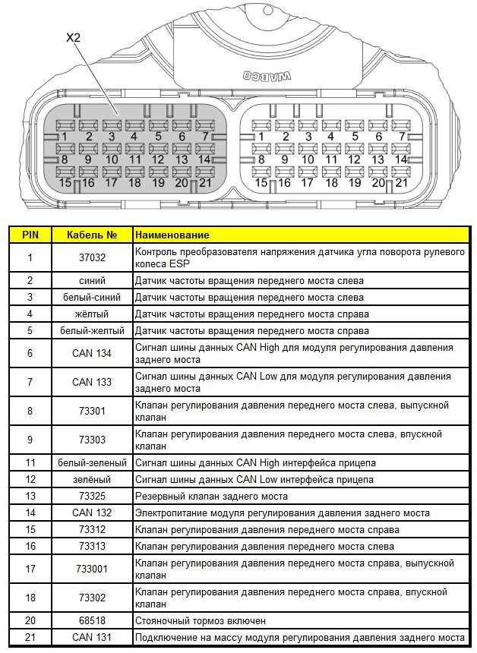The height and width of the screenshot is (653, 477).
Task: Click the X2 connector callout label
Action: tap(73, 36)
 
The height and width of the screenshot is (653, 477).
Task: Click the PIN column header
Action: tap(30, 235)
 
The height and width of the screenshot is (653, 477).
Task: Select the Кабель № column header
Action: tap(92, 235)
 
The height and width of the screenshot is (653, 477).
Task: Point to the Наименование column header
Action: tap(172, 235)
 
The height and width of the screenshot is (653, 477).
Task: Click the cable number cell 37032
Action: tap(92, 257)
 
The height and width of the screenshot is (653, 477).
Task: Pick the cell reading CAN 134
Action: tap(92, 353)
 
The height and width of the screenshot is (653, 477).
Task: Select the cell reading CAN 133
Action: tap(92, 382)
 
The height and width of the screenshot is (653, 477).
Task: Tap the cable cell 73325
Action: tap(92, 496)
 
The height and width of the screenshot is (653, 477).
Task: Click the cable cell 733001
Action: tap(92, 569)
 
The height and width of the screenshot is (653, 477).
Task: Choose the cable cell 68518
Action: tap(92, 620)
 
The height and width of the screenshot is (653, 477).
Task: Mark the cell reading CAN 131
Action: tap(92, 637)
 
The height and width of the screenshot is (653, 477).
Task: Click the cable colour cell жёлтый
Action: tap(92, 314)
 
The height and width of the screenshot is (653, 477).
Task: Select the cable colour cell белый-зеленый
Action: tap(92, 462)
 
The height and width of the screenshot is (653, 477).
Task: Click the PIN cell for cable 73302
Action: tap(30, 598)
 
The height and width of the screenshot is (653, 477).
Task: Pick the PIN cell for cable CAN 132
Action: tap(30, 513)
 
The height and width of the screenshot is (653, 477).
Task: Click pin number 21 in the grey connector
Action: tap(204, 182)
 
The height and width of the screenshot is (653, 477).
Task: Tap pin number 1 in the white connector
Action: tap(262, 137)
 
